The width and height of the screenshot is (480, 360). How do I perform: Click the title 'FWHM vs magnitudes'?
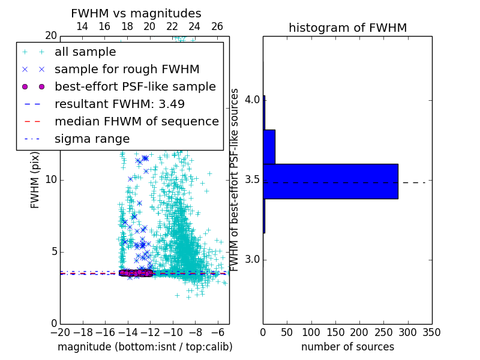136,14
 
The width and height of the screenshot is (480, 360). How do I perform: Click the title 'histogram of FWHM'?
347,28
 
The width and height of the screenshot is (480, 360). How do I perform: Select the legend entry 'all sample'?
85,52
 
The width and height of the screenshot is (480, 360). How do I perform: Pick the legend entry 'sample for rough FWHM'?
127,70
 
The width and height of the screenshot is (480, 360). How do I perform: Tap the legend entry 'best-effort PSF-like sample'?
135,86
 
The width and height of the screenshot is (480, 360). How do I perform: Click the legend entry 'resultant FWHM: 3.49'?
119,104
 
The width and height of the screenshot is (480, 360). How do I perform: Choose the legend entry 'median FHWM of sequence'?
137,121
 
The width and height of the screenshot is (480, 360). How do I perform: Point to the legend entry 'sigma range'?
92,139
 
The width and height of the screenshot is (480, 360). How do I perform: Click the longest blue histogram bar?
331,181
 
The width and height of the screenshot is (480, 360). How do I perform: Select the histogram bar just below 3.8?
269,146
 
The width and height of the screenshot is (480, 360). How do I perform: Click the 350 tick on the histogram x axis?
432,332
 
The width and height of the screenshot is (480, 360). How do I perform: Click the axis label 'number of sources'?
347,347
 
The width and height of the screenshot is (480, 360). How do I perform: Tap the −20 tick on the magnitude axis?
60,332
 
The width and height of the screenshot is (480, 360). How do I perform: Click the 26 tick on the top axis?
217,27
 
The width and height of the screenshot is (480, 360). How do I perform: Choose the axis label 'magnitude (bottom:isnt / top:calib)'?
145,347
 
